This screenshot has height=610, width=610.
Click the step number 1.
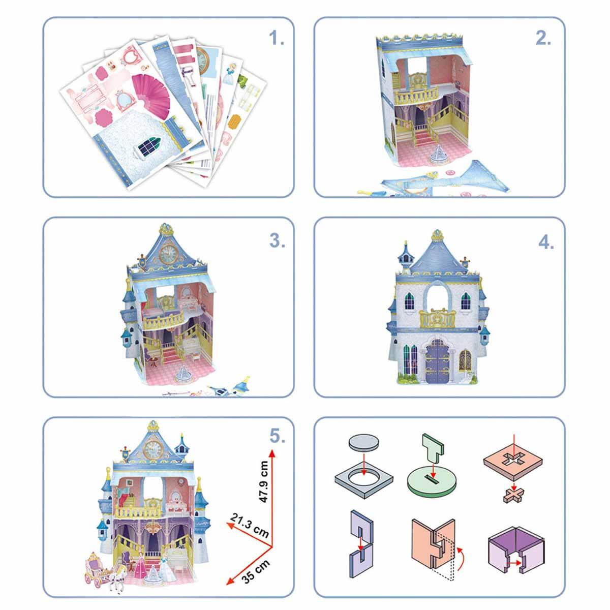[x=276, y=39]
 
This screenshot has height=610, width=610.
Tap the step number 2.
[x=543, y=39]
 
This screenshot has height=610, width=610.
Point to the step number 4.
[x=546, y=242]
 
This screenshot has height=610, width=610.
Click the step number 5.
[x=277, y=436]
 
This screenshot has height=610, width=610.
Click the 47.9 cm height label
[x=263, y=481]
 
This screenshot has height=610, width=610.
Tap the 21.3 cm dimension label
[x=250, y=526]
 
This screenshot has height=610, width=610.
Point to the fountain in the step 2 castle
[x=438, y=156]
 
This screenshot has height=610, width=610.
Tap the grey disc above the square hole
[x=364, y=442]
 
